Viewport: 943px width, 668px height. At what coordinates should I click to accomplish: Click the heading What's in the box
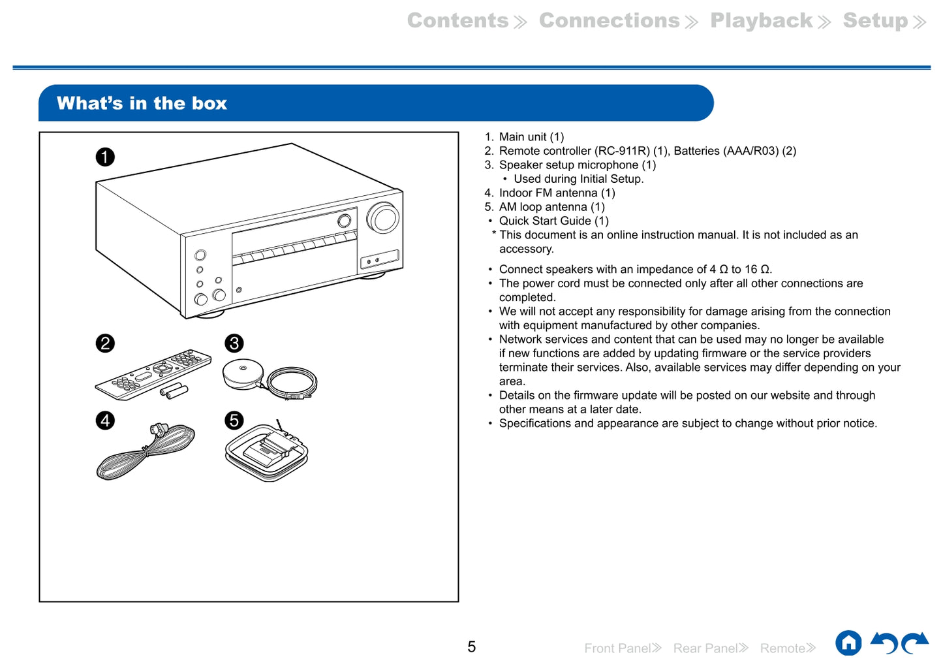coord(142,103)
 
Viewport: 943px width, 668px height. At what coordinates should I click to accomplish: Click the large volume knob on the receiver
coord(383,218)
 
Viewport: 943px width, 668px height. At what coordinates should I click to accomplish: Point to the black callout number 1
coord(105,157)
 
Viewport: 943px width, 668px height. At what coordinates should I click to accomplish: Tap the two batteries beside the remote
coord(175,392)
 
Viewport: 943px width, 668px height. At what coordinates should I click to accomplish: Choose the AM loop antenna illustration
coord(266,452)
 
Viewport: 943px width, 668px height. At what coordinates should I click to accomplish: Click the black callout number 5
coord(234,421)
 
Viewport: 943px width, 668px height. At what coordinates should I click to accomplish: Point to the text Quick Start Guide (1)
coord(553,221)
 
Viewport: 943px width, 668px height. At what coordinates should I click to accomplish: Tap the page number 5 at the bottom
coord(471,646)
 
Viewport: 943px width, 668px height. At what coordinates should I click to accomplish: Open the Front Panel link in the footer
coord(623,648)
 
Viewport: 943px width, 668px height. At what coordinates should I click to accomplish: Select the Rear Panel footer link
coord(710,648)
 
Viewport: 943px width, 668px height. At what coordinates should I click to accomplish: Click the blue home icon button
coord(848,643)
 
